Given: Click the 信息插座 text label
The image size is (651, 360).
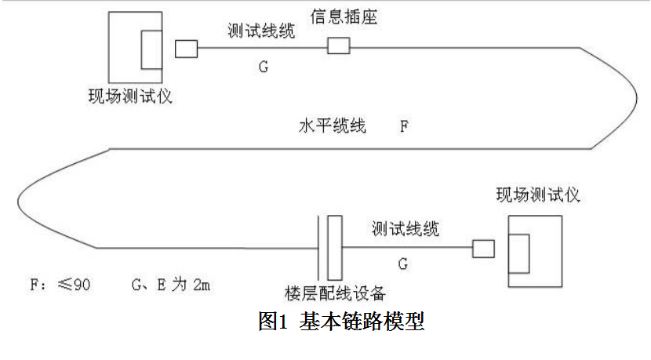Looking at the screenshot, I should (344, 16).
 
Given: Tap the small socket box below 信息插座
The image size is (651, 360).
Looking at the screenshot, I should (338, 46).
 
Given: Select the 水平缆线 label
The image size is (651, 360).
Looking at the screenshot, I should (332, 125).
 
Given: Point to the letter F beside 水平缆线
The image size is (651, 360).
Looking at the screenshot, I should (405, 125).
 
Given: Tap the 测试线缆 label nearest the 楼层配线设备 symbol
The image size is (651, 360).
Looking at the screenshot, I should (406, 228).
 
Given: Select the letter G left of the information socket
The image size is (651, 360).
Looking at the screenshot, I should (264, 67).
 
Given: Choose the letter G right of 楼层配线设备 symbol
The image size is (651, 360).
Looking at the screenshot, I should (402, 264).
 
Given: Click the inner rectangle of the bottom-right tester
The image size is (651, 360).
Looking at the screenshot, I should (518, 251).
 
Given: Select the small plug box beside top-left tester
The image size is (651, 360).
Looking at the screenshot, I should (186, 49).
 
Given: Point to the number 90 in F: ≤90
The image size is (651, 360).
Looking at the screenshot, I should (82, 283).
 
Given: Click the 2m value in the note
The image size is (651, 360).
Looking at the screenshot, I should (200, 283).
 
